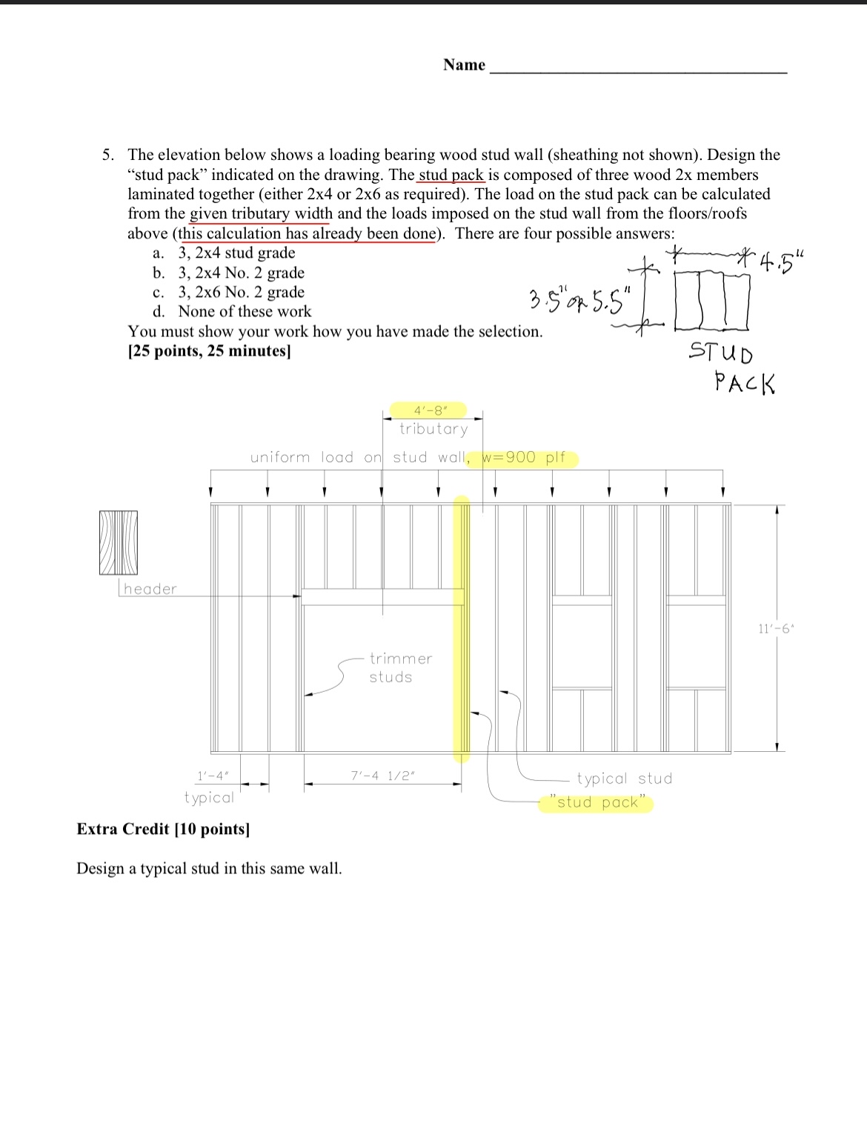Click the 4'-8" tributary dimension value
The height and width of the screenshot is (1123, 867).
click(428, 410)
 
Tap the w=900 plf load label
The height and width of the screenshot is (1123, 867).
click(524, 458)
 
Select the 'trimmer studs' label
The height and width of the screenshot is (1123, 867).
click(400, 667)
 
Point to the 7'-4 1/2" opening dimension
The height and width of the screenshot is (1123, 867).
click(382, 776)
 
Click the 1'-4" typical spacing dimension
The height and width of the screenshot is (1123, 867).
click(213, 776)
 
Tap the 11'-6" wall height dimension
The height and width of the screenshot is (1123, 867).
click(774, 629)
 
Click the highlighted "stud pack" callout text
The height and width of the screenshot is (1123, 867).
click(597, 802)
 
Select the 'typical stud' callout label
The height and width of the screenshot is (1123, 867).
click(624, 779)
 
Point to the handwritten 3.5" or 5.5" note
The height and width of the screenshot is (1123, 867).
click(580, 300)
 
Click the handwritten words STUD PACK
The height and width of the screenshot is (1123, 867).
click(732, 367)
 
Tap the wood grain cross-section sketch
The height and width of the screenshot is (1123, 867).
click(119, 542)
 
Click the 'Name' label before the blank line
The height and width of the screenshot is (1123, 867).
click(464, 65)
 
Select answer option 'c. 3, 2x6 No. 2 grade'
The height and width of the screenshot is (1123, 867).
click(229, 292)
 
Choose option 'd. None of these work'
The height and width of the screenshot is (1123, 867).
click(232, 312)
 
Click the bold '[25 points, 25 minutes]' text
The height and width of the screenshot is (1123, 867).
click(210, 351)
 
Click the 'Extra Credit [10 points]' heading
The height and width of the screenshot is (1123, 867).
click(164, 829)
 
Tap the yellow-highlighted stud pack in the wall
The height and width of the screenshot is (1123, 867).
click(462, 630)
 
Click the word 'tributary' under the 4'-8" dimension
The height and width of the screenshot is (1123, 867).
click(433, 429)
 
